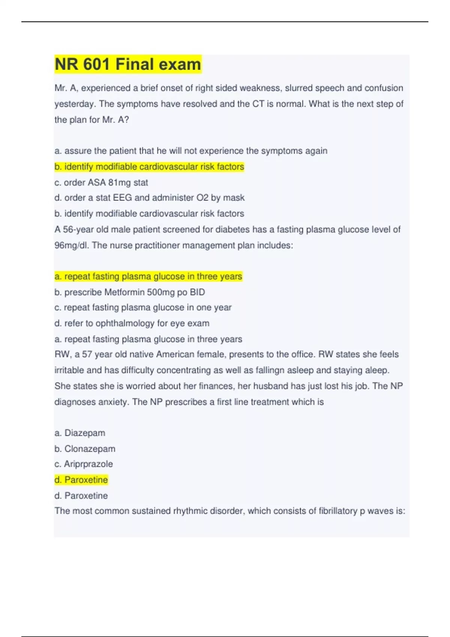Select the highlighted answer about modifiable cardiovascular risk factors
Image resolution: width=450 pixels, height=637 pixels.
(149, 167)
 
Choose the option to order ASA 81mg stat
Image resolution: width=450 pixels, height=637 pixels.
(101, 182)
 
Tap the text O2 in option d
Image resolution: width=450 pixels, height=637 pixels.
(202, 198)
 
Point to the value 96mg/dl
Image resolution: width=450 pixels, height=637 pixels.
(72, 245)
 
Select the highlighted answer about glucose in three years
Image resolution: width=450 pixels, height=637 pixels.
(148, 277)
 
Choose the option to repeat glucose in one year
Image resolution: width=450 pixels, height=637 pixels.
(143, 308)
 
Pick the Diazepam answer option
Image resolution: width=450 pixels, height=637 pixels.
(80, 433)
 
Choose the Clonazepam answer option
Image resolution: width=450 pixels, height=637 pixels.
(85, 449)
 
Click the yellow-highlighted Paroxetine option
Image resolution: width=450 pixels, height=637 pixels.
(81, 480)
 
